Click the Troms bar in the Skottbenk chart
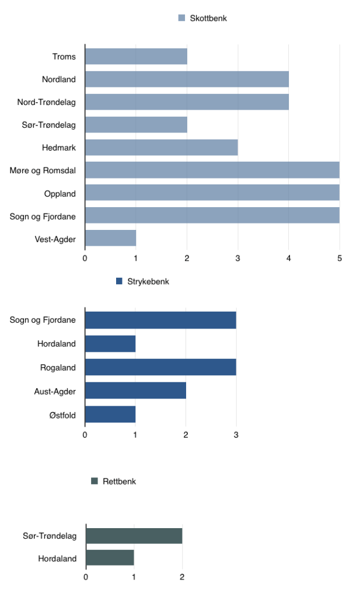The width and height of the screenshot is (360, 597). [x=136, y=57]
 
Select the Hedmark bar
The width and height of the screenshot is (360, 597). [x=161, y=148]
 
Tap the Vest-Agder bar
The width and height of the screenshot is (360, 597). [x=110, y=238]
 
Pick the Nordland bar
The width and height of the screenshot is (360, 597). [x=187, y=79]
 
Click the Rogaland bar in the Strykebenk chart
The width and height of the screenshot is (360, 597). [x=160, y=367]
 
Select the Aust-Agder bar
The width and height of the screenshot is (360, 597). [x=135, y=391]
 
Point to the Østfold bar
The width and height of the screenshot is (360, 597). [x=110, y=414]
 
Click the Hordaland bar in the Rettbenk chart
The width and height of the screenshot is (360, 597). [x=110, y=558]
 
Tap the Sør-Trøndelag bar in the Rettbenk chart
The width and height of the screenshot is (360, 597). [x=134, y=535]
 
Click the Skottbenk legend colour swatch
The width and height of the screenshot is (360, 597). [x=181, y=18]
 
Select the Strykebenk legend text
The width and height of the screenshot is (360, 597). [x=148, y=281]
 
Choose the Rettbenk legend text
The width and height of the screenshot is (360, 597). [x=119, y=481]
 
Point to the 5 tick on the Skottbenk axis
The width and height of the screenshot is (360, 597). [x=339, y=258]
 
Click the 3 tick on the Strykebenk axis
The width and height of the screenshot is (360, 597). [x=236, y=435]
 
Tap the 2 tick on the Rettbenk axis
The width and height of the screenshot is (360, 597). [x=182, y=578]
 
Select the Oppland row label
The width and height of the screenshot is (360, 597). [x=60, y=193]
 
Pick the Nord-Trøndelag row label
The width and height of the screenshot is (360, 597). [x=50, y=102]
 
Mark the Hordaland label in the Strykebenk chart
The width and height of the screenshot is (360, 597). [x=57, y=344]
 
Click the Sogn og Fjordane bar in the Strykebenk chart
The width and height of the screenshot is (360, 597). [x=160, y=320]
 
